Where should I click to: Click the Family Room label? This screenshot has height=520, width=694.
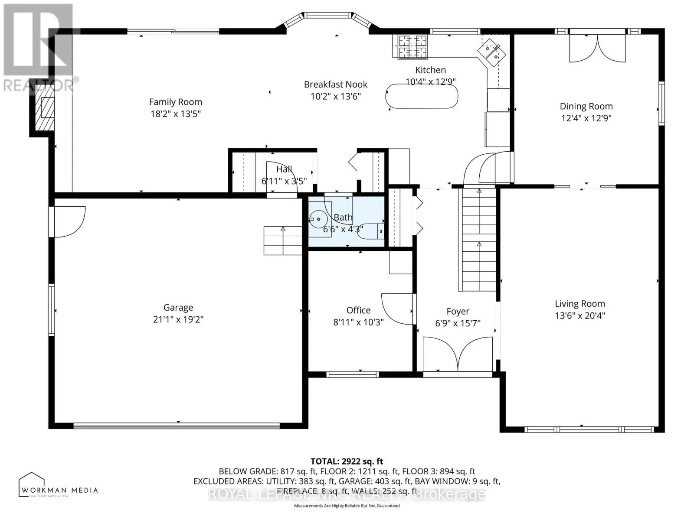pyautogui.click(x=175, y=102)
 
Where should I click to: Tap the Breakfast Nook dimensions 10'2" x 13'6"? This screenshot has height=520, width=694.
pyautogui.click(x=335, y=96)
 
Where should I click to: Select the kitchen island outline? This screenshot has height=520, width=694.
pyautogui.click(x=422, y=96)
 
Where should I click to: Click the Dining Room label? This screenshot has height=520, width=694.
pyautogui.click(x=586, y=106)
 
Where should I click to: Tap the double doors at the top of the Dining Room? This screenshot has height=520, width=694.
pyautogui.click(x=598, y=48)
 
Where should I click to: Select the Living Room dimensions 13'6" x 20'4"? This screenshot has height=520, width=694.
pyautogui.click(x=579, y=315)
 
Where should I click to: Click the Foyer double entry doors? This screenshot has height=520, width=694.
pyautogui.click(x=458, y=354)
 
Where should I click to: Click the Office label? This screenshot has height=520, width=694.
pyautogui.click(x=358, y=310)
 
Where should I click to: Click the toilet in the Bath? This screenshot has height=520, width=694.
pyautogui.click(x=371, y=231)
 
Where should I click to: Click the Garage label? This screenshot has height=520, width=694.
pyautogui.click(x=178, y=307)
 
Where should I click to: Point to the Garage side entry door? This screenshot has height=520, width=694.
pyautogui.click(x=67, y=221)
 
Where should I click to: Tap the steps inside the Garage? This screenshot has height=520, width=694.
pyautogui.click(x=283, y=240)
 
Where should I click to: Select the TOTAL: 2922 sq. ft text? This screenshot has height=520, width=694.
pyautogui.click(x=347, y=461)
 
